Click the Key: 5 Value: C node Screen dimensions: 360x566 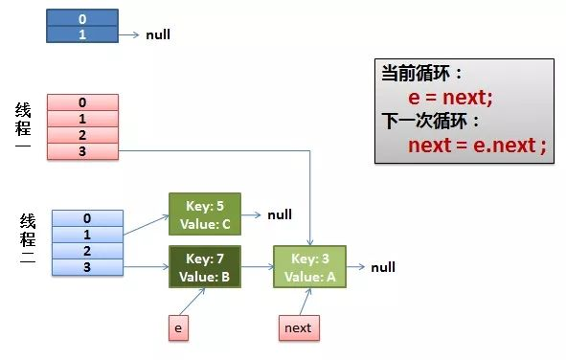click(205, 214)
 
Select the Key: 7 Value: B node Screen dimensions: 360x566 click(205, 267)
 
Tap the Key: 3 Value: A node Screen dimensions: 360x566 click(309, 267)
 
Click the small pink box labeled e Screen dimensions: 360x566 click(176, 327)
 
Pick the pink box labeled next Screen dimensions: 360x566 click(297, 327)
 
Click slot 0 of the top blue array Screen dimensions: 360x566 click(82, 17)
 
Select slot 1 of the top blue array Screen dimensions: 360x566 click(82, 34)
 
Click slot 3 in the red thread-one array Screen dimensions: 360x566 click(82, 150)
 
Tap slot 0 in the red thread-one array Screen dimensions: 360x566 click(82, 102)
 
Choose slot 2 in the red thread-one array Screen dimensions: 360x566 click(82, 135)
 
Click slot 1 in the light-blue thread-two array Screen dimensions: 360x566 click(87, 234)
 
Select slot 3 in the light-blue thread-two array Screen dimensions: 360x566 click(87, 265)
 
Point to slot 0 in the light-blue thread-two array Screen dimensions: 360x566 click(87, 217)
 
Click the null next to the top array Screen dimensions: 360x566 click(158, 35)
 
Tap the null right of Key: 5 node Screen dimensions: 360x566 click(280, 214)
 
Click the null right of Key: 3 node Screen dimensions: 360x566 click(383, 267)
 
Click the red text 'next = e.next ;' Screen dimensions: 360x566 click(476, 146)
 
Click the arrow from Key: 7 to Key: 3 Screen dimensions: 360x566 click(257, 267)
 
